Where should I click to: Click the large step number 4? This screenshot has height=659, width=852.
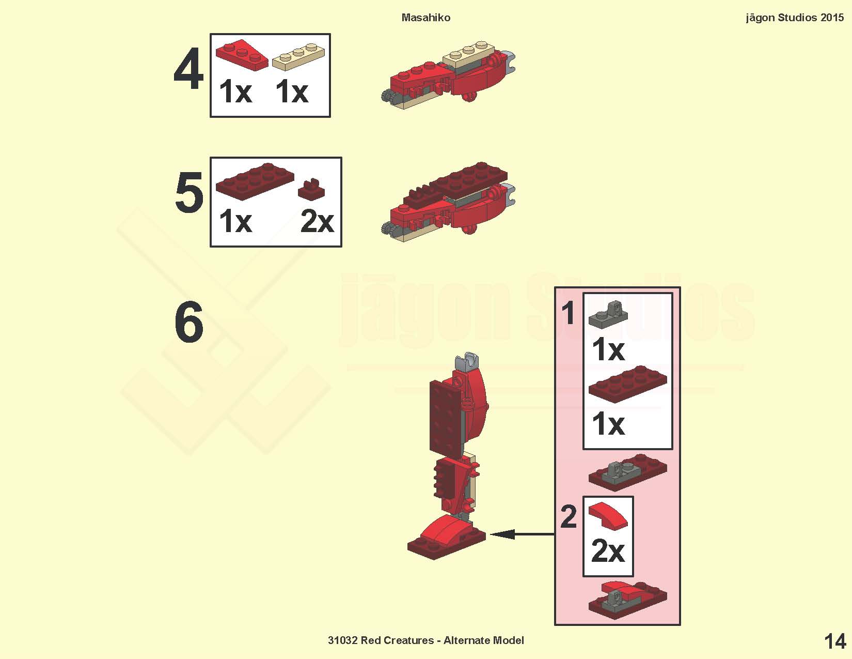pos(188,69)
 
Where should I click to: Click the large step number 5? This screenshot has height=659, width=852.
pos(189,192)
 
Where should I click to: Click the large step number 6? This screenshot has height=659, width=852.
pos(189,321)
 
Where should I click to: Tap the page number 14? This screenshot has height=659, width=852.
pos(835,641)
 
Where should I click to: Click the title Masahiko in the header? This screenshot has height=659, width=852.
pos(426,18)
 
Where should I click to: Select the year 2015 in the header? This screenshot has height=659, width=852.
pos(832,18)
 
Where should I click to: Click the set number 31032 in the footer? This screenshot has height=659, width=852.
pos(343,640)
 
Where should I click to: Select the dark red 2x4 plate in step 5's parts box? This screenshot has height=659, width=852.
pos(255,181)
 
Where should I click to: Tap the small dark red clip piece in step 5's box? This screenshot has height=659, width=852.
pos(311,190)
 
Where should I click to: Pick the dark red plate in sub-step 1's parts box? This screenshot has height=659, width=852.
pos(628,384)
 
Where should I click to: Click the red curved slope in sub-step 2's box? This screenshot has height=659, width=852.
pos(608,516)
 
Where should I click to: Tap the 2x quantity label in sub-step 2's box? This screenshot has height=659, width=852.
pos(608,550)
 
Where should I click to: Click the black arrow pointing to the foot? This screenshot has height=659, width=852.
pos(522,534)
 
